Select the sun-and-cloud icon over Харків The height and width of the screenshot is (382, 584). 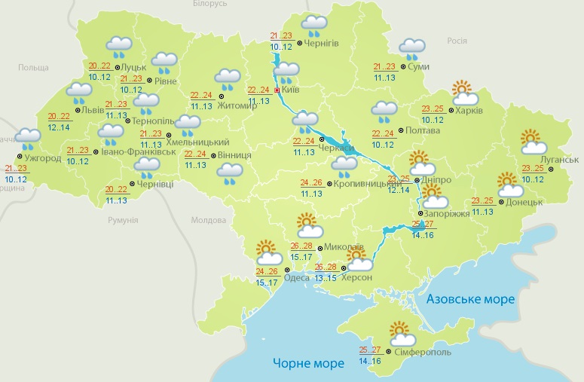click(x=465, y=93)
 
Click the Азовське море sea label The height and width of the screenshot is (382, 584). click(x=470, y=299)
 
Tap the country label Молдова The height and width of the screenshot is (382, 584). click(x=209, y=220)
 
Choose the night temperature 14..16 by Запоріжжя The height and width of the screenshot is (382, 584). click(x=423, y=234)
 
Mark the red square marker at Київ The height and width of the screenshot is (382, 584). click(x=277, y=90)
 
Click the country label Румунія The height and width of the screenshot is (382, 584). click(x=122, y=219)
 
